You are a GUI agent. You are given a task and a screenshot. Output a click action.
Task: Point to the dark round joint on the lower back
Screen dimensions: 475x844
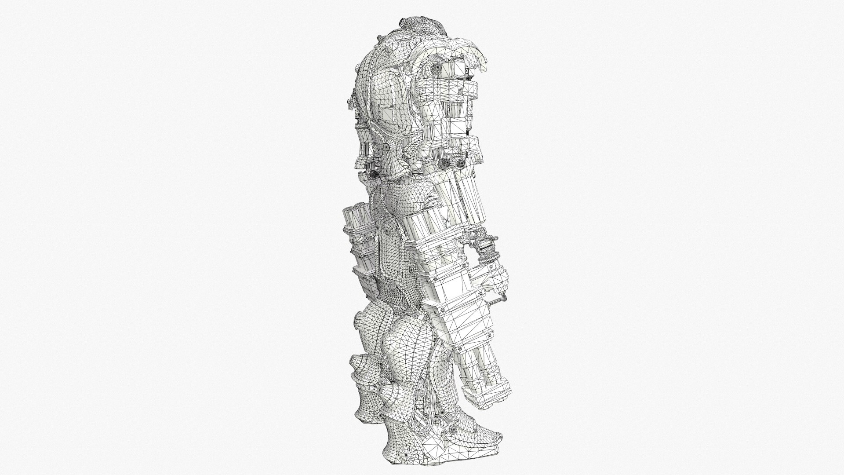pyautogui.click(x=375, y=173)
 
